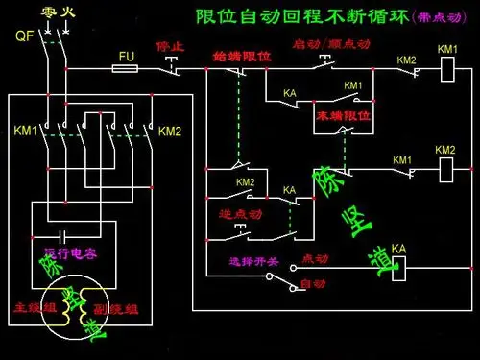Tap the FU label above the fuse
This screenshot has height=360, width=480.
pyautogui.click(x=126, y=57)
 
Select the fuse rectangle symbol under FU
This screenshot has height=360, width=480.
pyautogui.click(x=126, y=69)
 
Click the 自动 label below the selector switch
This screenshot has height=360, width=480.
pyautogui.click(x=313, y=284)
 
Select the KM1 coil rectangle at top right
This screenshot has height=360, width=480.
pyautogui.click(x=446, y=70)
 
